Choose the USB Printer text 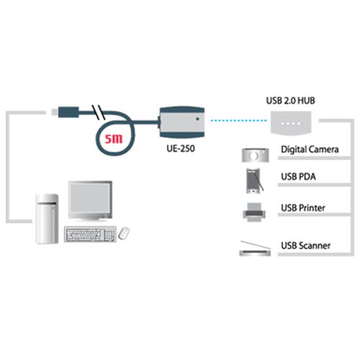[x=302, y=208]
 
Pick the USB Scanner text [x=305, y=246]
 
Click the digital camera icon [x=253, y=154]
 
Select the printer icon [x=253, y=212]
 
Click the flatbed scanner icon [x=253, y=247]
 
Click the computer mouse [x=124, y=233]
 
